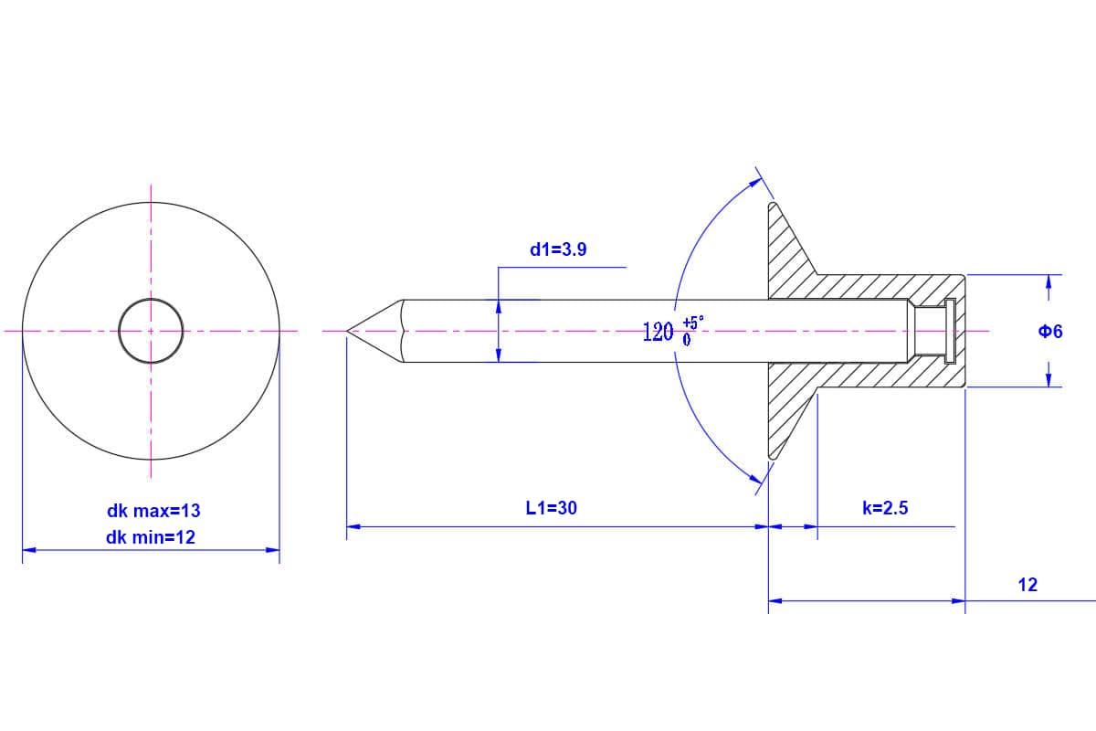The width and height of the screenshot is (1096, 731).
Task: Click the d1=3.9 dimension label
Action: click(x=558, y=249)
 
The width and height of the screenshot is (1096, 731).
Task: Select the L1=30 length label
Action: click(x=552, y=508)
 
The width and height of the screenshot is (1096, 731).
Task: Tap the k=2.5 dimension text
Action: click(x=885, y=508)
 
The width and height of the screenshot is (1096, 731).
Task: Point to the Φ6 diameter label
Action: click(x=1050, y=332)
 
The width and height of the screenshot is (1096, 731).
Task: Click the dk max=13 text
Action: click(x=153, y=511)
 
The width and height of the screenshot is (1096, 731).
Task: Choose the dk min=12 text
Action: click(x=151, y=537)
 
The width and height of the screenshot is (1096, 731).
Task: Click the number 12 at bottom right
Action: click(x=1027, y=585)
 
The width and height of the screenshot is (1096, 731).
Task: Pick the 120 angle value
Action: click(x=659, y=332)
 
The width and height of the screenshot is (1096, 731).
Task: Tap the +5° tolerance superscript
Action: click(x=693, y=323)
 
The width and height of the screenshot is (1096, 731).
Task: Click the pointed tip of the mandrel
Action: click(x=347, y=331)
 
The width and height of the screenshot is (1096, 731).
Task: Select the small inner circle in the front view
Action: click(x=151, y=298)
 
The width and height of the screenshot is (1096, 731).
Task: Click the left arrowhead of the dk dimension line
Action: click(x=29, y=550)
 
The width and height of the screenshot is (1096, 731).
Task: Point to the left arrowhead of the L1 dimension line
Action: click(x=353, y=527)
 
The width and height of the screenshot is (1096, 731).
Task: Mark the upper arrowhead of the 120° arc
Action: click(x=756, y=182)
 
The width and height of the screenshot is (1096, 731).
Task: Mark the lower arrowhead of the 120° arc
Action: click(x=755, y=479)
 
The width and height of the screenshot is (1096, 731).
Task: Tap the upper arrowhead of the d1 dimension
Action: click(x=498, y=306)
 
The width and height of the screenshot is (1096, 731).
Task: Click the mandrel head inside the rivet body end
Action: click(x=950, y=331)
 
